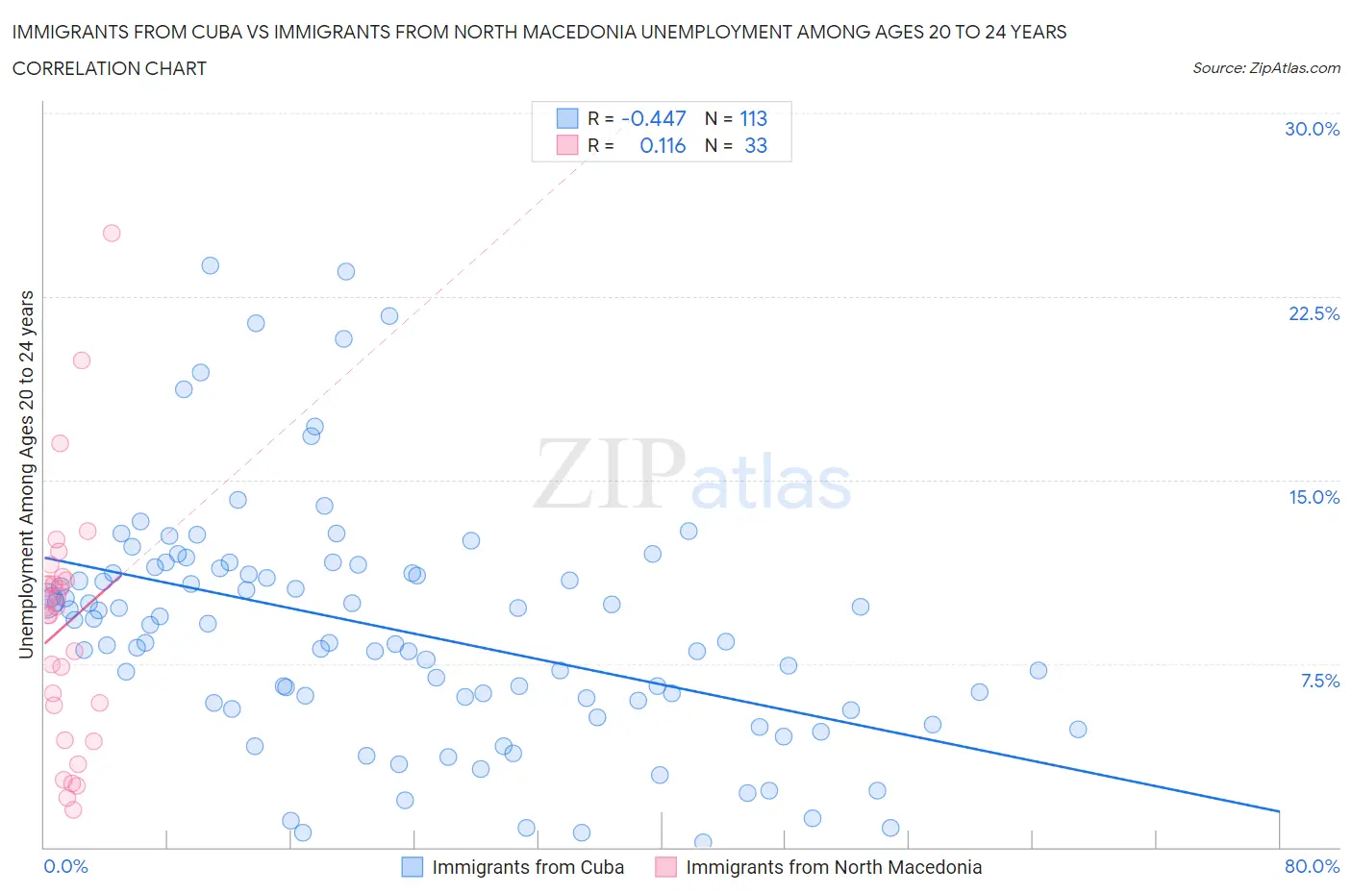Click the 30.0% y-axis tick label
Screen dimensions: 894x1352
[1312, 129]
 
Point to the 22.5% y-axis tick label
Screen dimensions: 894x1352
[1314, 313]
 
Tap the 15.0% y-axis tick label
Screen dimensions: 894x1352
[1314, 497]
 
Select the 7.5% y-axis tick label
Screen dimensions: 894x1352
[1319, 681]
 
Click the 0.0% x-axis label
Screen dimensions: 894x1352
[65, 866]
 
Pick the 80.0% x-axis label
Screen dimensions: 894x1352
[1312, 866]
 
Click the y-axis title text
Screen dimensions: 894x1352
[26, 475]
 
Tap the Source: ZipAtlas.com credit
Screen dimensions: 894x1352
[1265, 67]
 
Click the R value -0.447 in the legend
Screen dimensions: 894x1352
[653, 118]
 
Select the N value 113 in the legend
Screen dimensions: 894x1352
[753, 118]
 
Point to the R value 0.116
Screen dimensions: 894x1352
[663, 145]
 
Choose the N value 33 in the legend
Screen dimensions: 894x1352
[756, 145]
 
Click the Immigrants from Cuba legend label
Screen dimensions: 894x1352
[528, 867]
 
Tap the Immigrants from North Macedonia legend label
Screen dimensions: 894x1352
[834, 867]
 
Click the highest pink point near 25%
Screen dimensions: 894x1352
[112, 233]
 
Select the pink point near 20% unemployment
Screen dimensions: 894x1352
[82, 360]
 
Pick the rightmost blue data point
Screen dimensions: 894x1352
[1078, 730]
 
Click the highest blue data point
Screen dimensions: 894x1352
[210, 265]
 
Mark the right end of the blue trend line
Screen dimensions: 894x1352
[1279, 811]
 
